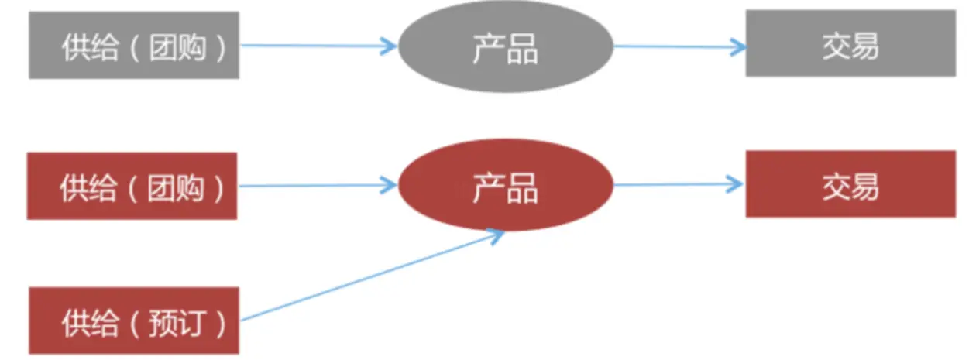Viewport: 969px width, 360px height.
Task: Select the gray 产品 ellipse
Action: pos(505,46)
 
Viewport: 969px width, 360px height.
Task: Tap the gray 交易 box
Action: pos(850,43)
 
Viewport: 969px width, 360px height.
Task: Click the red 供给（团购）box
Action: pos(132,186)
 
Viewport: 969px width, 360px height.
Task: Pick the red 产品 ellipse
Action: pos(505,186)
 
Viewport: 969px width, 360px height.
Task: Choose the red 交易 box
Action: pos(850,184)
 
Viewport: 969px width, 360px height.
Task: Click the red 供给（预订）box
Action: pos(133,321)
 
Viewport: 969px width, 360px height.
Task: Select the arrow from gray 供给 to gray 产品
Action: pos(318,46)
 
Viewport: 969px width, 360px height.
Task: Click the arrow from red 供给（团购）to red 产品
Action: pos(318,185)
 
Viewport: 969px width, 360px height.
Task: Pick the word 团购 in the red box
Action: pos(177,187)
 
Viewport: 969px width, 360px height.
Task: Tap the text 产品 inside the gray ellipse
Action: pos(505,48)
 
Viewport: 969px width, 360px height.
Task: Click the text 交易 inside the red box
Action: pos(850,186)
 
